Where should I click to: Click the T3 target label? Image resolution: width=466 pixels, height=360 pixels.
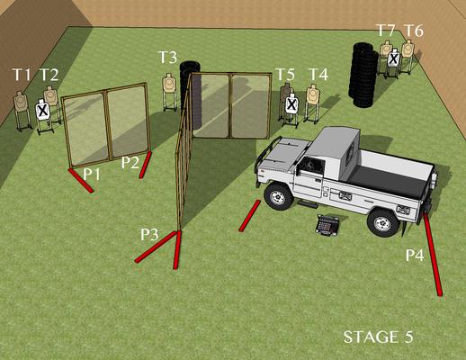[x=167, y=57]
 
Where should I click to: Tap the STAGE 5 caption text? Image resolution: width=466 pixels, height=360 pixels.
[x=379, y=337]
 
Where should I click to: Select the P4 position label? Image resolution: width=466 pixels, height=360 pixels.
[x=415, y=255]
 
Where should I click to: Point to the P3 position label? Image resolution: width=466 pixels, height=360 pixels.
[x=149, y=234]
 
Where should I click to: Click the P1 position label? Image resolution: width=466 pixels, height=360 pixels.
[x=91, y=174]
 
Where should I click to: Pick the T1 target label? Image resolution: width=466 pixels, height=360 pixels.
[x=22, y=75]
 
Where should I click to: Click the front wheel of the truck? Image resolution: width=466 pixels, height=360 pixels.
[x=278, y=196]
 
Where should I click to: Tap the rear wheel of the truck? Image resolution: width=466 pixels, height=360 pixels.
[x=382, y=223]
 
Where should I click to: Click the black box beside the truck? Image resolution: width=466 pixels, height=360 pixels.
[x=327, y=225]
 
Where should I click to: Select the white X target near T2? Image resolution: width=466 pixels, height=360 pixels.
[x=43, y=110]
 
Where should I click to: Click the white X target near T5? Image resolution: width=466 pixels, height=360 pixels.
[x=291, y=104]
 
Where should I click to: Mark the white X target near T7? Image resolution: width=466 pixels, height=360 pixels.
[x=393, y=58]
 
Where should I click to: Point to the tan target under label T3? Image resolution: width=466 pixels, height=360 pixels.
[x=169, y=83]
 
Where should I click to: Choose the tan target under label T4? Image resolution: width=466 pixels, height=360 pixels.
[x=313, y=94]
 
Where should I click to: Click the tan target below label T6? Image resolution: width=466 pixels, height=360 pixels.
[x=408, y=49]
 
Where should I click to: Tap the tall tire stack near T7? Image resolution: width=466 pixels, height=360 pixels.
[x=363, y=75]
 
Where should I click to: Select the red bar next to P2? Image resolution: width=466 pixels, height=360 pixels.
[x=145, y=165]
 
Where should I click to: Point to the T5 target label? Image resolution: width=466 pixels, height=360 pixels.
[x=285, y=75]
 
